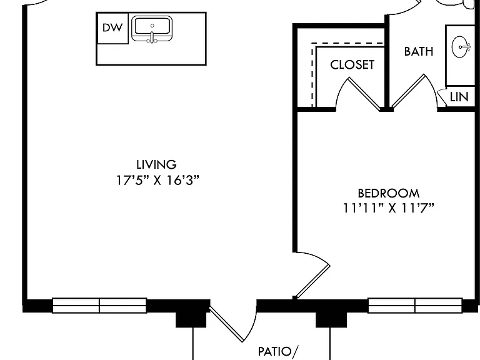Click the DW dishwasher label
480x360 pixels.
point(112,28)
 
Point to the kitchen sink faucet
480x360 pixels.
point(152,37)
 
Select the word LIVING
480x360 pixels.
point(156,165)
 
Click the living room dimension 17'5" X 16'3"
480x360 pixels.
point(157,180)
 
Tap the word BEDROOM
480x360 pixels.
point(389,194)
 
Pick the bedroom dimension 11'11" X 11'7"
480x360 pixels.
point(388,208)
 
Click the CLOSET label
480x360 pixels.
point(352,65)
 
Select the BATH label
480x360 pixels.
point(419,51)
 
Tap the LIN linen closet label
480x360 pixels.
point(459,97)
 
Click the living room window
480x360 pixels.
point(99,306)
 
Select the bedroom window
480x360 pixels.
point(415,306)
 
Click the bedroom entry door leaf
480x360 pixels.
point(312,281)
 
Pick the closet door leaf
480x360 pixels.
point(364,94)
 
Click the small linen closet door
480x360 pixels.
point(442,97)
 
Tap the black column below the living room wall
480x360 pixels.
point(191,319)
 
